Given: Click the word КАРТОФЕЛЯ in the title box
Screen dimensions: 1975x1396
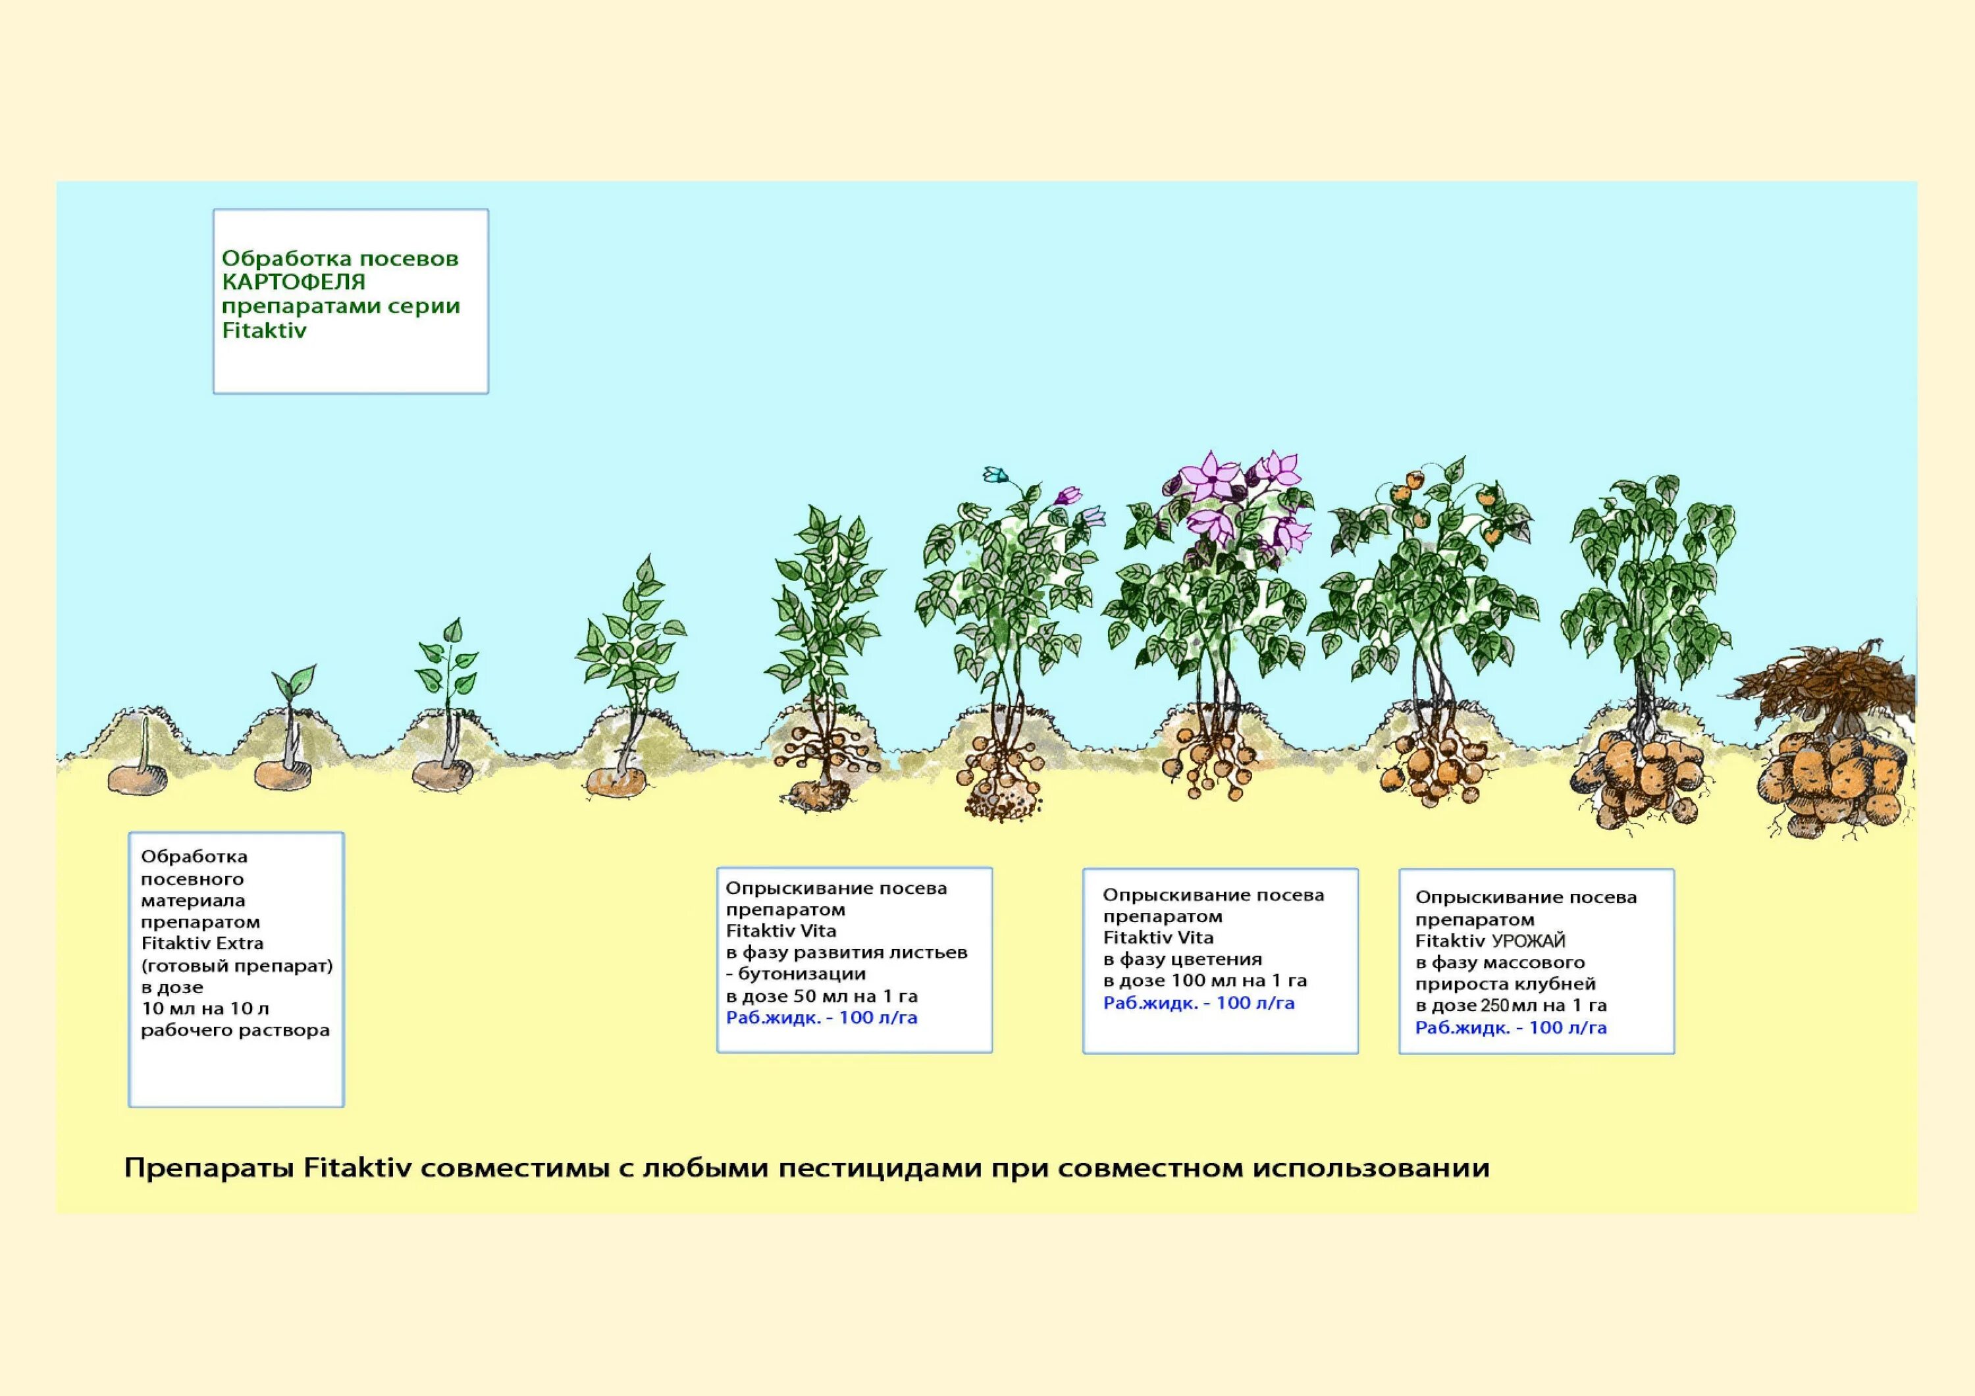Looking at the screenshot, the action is [294, 282].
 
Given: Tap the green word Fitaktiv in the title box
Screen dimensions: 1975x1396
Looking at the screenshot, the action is [264, 331].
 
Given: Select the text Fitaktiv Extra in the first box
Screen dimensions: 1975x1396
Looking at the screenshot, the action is [202, 944].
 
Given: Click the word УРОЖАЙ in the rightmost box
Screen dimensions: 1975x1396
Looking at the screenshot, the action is [1529, 941].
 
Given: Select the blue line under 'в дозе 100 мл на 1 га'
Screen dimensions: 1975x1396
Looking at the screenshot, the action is [1198, 1003].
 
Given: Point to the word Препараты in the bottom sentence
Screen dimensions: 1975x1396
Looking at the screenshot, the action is [209, 1168].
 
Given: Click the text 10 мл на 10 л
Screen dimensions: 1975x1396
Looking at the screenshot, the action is [205, 1009].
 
